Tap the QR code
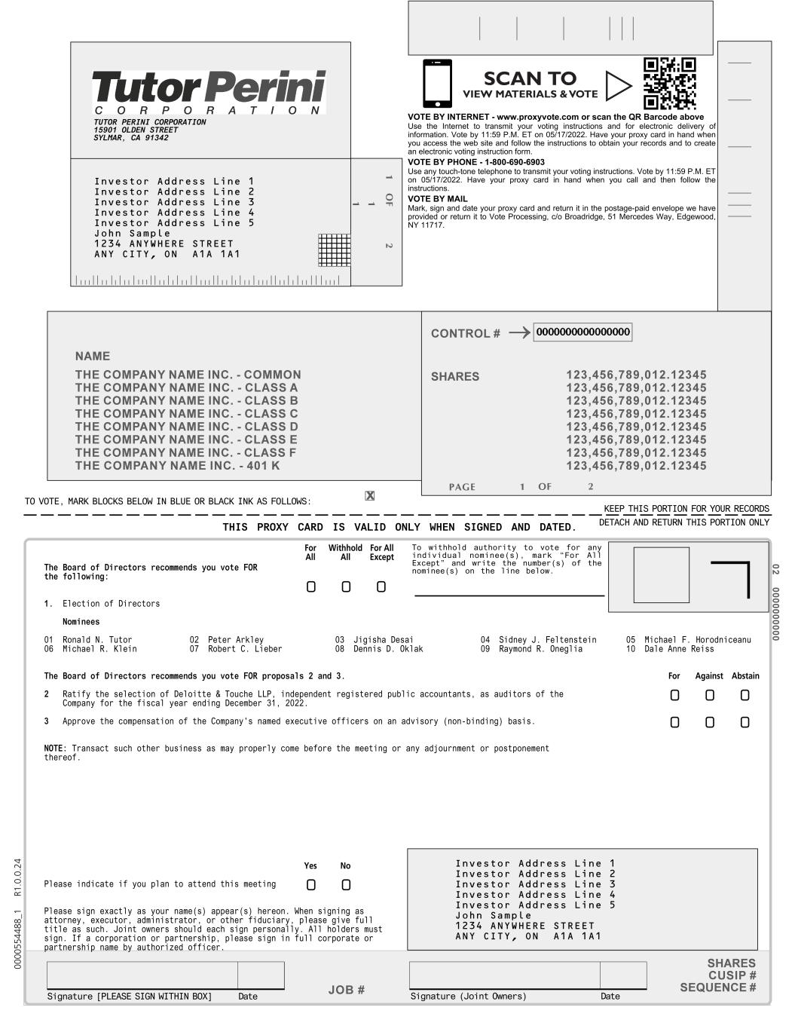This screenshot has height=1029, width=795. pyautogui.click(x=670, y=84)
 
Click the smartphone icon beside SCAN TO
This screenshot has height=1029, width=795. pyautogui.click(x=438, y=84)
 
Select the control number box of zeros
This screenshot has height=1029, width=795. pyautogui.click(x=582, y=332)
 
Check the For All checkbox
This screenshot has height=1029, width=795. pyautogui.click(x=311, y=587)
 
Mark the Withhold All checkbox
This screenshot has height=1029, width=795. pyautogui.click(x=346, y=587)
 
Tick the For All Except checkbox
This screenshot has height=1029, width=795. pyautogui.click(x=381, y=587)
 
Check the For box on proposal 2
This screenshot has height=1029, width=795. pyautogui.click(x=674, y=695)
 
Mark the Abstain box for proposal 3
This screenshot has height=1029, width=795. pyautogui.click(x=745, y=722)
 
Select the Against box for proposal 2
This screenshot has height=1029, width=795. pyautogui.click(x=710, y=695)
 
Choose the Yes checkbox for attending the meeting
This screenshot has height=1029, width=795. pyautogui.click(x=311, y=884)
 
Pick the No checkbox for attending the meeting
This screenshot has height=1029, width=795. pyautogui.click(x=346, y=884)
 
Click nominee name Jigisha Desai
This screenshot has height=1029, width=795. pyautogui.click(x=384, y=640)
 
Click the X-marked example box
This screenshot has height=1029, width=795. pyautogui.click(x=370, y=495)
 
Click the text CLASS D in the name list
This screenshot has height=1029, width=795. pyautogui.click(x=272, y=427)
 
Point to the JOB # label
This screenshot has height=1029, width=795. pyautogui.click(x=347, y=990)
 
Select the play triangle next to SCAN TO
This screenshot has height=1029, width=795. pyautogui.click(x=618, y=86)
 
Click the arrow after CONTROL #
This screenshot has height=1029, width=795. pyautogui.click(x=519, y=333)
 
